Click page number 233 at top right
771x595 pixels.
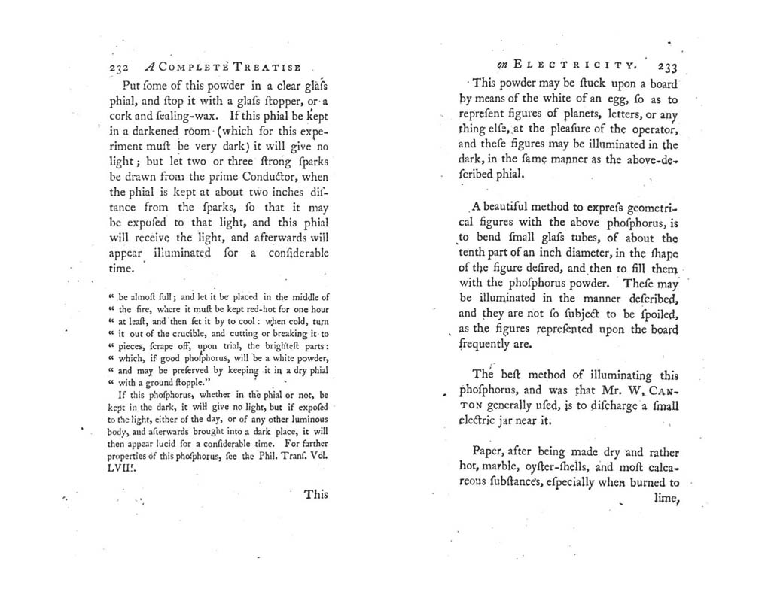[668, 65]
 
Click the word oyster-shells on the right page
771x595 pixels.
[571, 469]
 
